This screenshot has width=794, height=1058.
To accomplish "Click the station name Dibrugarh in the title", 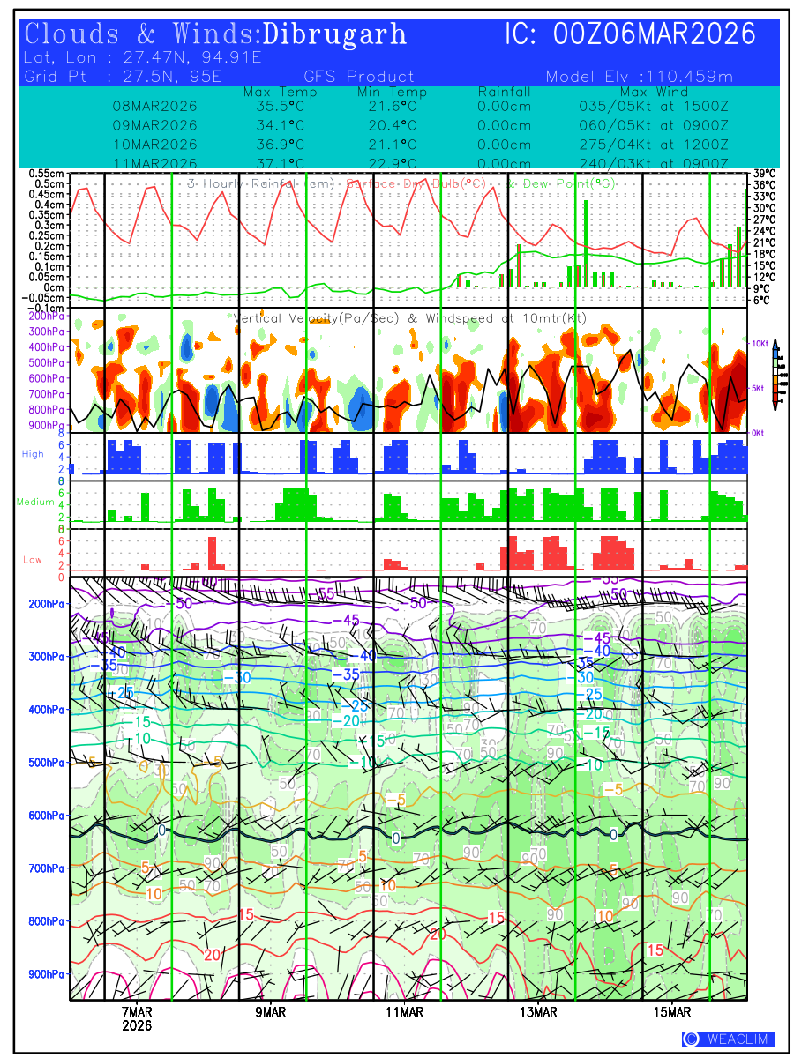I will pyautogui.click(x=335, y=34).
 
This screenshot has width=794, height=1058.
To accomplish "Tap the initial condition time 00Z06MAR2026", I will pyautogui.click(x=655, y=34).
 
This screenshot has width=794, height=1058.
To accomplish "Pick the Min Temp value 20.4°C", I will pyautogui.click(x=392, y=124).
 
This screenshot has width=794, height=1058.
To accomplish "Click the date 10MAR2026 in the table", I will pyautogui.click(x=154, y=144).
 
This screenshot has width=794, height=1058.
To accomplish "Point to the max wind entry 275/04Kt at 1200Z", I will pyautogui.click(x=654, y=144).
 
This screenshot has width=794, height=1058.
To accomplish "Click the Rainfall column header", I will pyautogui.click(x=504, y=92).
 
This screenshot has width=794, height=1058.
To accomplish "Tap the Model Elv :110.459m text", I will pyautogui.click(x=640, y=76).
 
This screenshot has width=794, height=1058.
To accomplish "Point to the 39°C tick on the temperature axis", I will pyautogui.click(x=764, y=174).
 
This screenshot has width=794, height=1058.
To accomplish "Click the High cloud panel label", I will pyautogui.click(x=33, y=453).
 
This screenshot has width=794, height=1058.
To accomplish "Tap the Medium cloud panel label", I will pyautogui.click(x=35, y=502).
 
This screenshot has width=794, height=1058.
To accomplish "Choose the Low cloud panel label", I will pyautogui.click(x=34, y=559).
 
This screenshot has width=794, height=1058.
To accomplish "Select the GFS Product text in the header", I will pyautogui.click(x=358, y=76).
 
